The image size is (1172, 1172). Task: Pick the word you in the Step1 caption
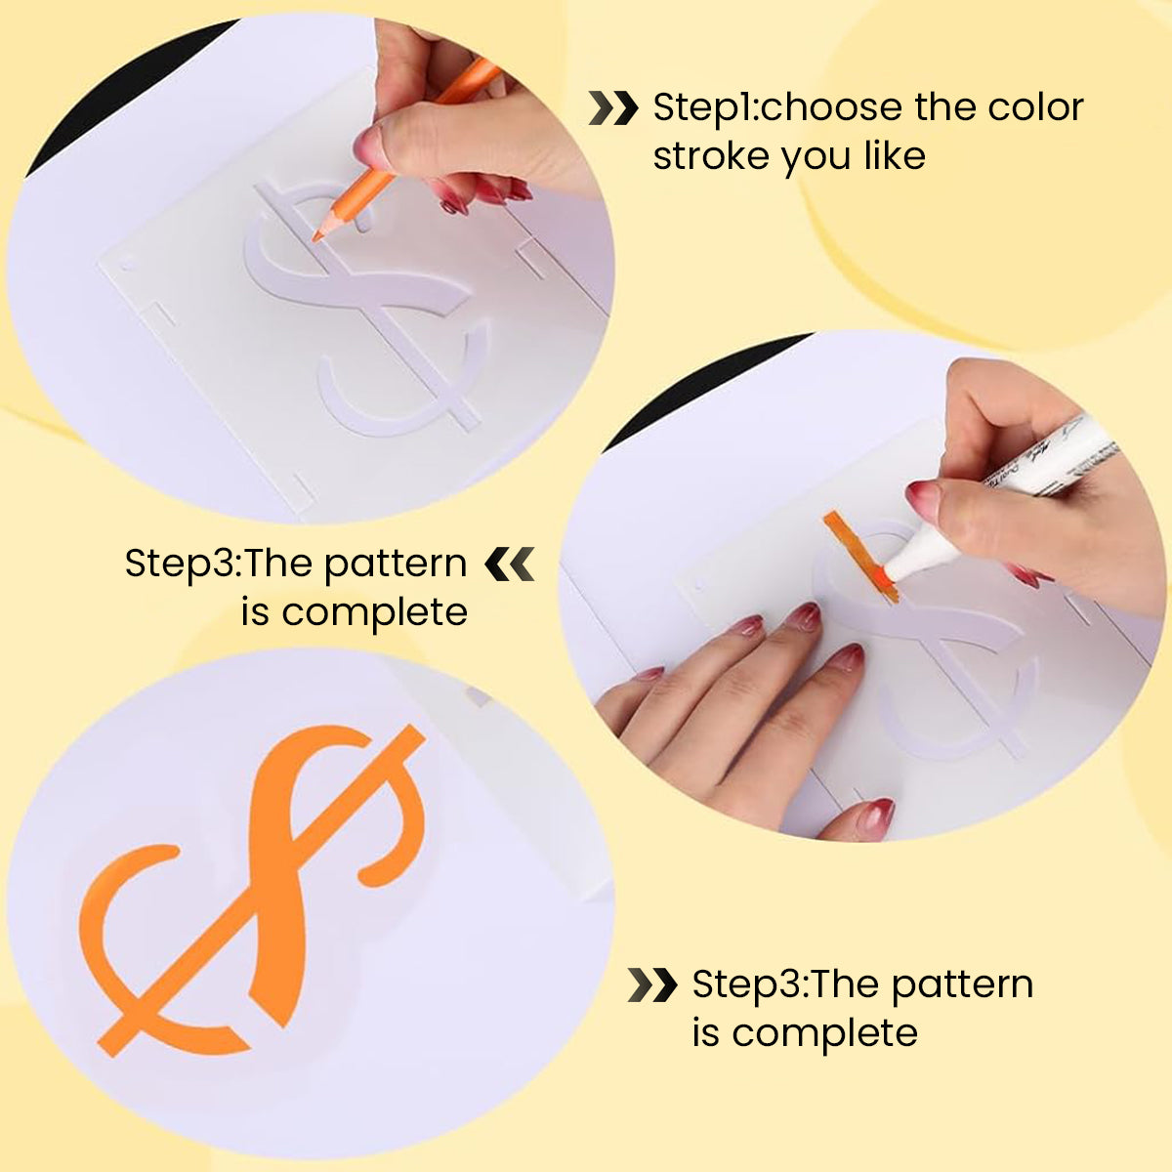(x=816, y=159)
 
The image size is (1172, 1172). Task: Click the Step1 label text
(x=703, y=108)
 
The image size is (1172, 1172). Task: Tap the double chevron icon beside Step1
(x=613, y=108)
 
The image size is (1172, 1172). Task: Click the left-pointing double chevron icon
(x=510, y=564)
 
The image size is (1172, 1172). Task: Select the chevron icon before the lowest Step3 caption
(x=652, y=984)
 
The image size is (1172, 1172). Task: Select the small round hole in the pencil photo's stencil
(x=126, y=267)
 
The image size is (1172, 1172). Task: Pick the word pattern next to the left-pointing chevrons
(x=396, y=564)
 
